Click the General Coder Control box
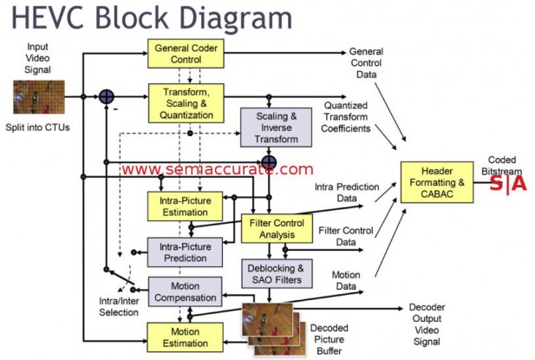click(x=185, y=56)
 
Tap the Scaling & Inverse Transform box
click(x=271, y=127)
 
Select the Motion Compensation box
click(x=184, y=291)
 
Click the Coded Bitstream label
click(x=502, y=165)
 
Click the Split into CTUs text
click(x=38, y=128)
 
